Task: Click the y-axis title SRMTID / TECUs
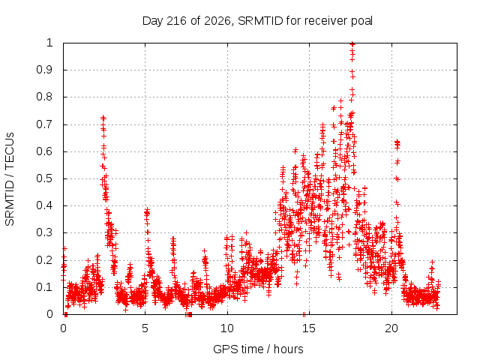coord(10,179)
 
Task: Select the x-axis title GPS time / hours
coord(258,349)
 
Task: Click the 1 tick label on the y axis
coord(50,43)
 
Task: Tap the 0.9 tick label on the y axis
coord(45,70)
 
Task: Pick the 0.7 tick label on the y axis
coord(45,124)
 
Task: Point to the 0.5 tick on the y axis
coord(45,178)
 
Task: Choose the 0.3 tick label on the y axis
coord(45,232)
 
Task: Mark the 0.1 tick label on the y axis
coord(45,287)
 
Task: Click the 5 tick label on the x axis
coord(145,328)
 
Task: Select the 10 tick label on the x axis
coord(227,328)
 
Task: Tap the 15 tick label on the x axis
coord(309,328)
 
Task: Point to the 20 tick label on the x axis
coord(391,328)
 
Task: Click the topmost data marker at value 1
coord(352,43)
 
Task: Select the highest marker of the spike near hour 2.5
coord(103,117)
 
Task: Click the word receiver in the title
coord(326,21)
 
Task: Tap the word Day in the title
coord(153,22)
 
